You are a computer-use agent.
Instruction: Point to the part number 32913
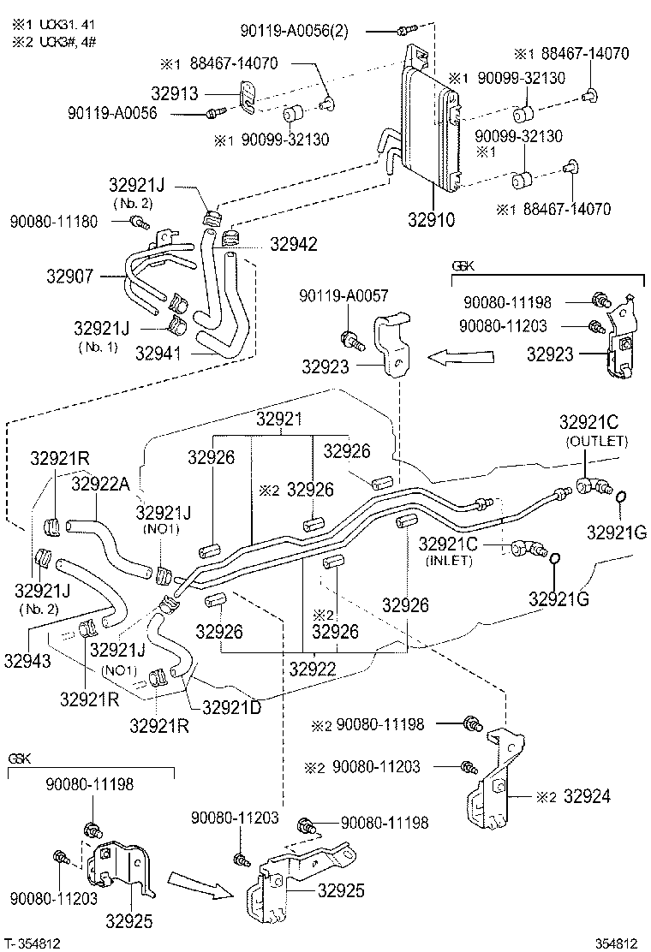tap(199, 93)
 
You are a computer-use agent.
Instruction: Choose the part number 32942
tap(293, 244)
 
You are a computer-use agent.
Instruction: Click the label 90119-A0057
tap(343, 296)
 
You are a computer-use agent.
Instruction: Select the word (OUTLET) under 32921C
tap(596, 441)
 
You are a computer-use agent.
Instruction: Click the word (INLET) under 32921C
tap(450, 560)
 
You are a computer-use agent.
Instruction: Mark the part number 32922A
tap(100, 484)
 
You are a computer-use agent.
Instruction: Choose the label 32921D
tap(231, 707)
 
